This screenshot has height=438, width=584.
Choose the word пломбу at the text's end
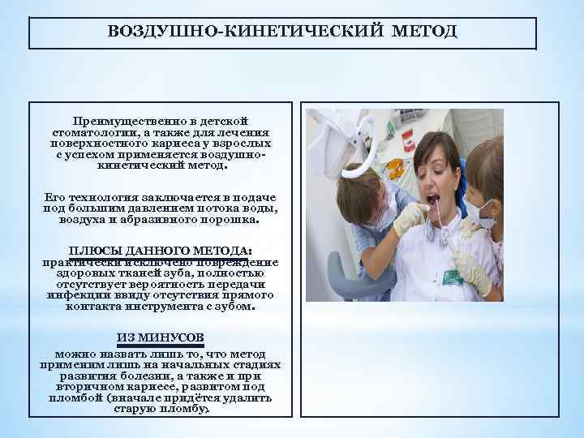(183, 409)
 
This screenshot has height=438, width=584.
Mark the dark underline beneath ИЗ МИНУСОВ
(160, 346)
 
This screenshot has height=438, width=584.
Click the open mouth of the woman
(433, 198)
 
